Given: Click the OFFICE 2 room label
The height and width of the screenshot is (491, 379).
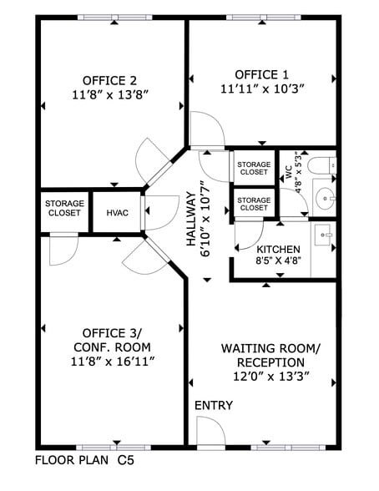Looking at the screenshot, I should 109,80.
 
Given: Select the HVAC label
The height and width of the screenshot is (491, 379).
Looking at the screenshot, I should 117,213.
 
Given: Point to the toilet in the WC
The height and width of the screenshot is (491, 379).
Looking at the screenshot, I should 322,167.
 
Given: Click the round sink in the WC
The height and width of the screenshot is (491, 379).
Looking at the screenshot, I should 324,199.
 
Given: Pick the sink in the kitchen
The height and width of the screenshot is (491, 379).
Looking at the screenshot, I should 323,237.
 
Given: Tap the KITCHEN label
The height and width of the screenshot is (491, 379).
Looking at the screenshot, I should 278,250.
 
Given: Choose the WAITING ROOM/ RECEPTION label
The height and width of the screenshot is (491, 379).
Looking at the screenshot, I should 264,355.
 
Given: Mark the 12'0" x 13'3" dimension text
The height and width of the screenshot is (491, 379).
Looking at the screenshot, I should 264,377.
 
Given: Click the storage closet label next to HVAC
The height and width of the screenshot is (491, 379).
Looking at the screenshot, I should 63,207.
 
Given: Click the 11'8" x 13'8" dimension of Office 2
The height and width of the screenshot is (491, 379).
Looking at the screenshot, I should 109,95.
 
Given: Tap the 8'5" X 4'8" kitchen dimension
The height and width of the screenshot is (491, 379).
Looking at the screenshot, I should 278,261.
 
